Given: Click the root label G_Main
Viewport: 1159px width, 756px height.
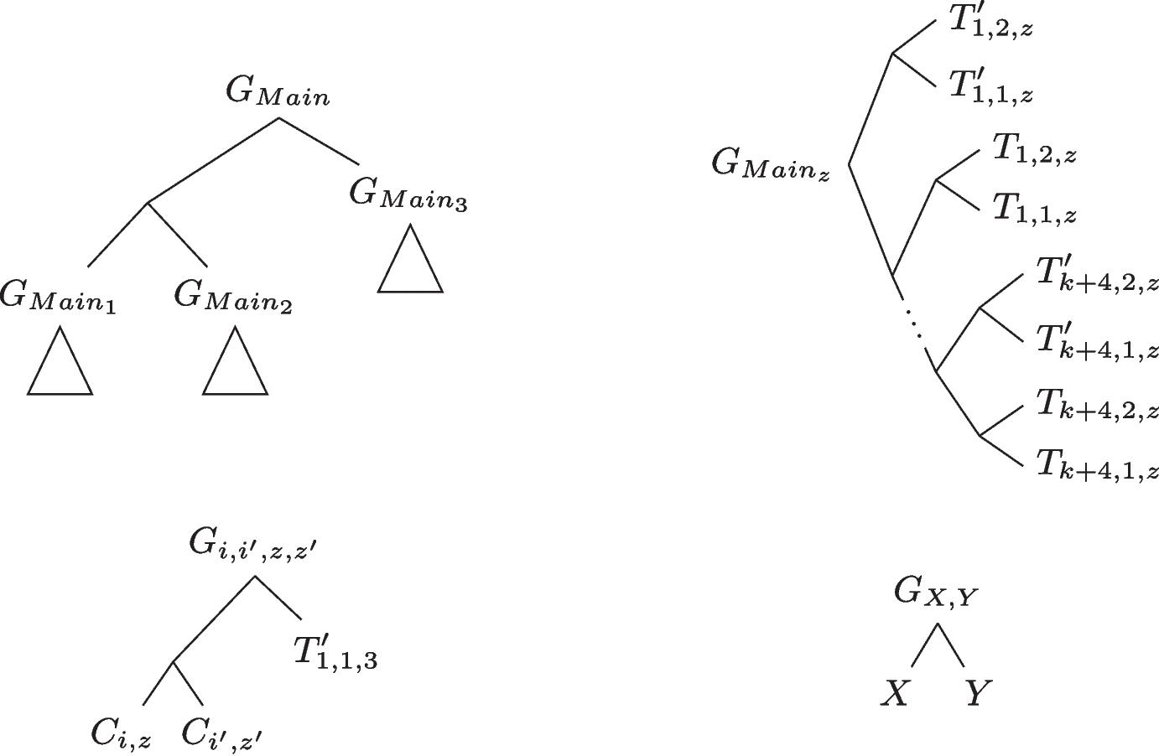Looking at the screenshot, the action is tap(278, 93).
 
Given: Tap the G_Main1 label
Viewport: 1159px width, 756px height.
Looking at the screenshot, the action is tap(58, 297).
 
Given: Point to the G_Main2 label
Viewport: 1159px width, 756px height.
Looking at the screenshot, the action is tap(233, 297).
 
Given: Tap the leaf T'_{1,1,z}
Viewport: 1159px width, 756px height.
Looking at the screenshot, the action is tap(990, 86).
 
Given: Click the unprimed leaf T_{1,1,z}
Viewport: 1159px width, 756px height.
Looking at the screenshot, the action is tap(1034, 210).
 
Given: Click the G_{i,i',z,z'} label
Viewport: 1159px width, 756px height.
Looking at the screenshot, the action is tap(252, 547).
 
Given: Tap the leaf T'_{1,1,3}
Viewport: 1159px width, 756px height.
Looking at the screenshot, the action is tap(335, 652).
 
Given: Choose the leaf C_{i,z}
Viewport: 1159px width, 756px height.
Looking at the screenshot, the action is tap(121, 733).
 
